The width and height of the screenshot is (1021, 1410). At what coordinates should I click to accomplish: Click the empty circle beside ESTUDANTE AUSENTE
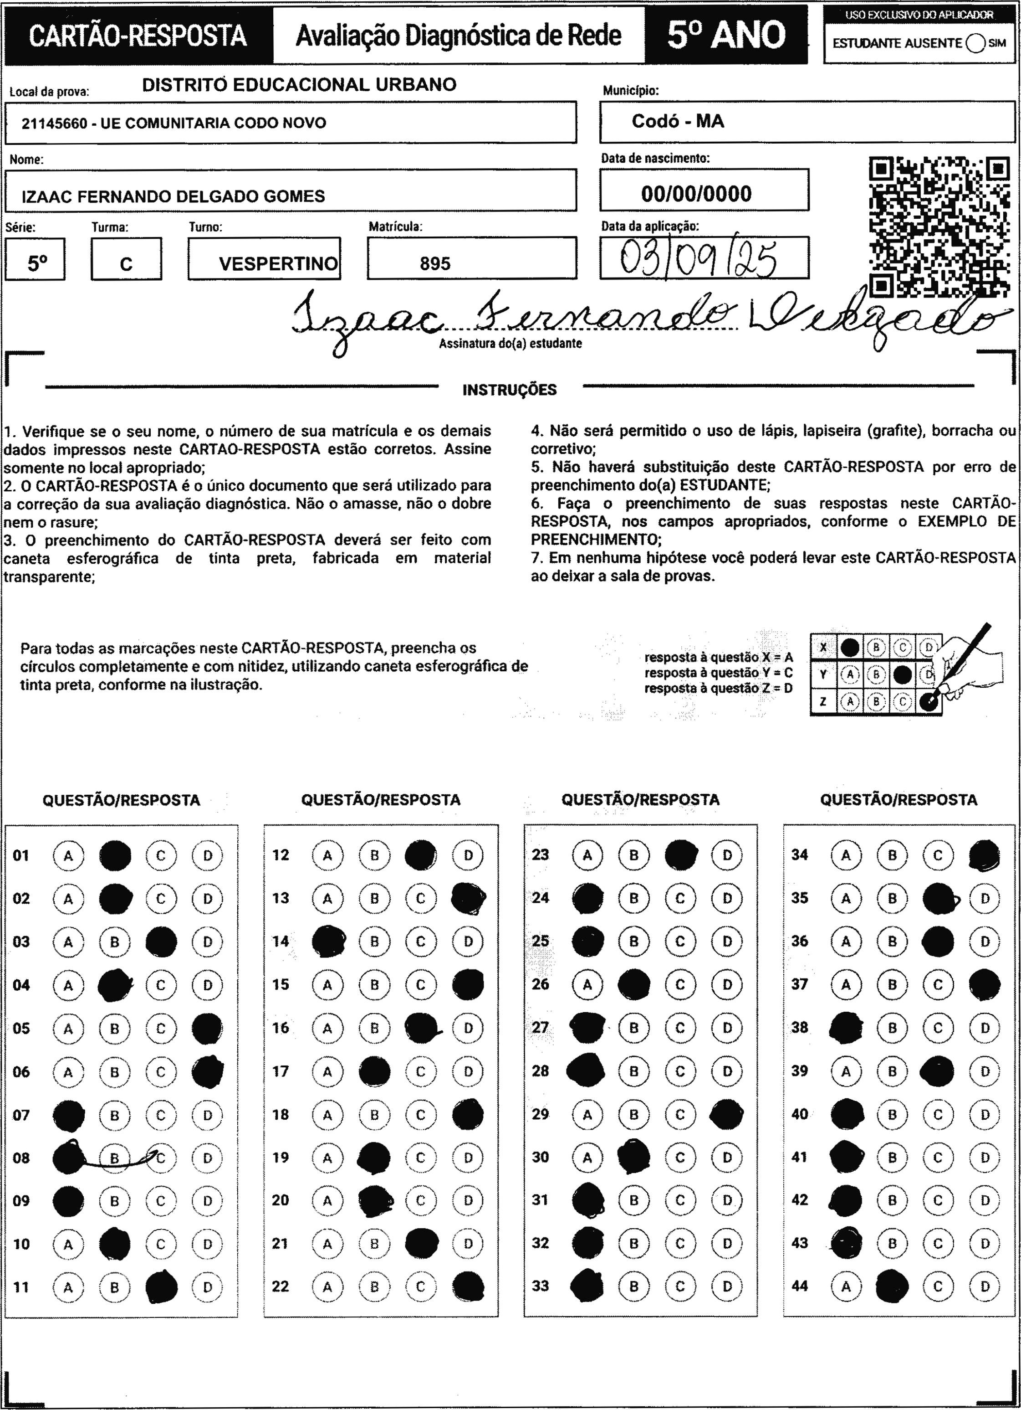(x=975, y=43)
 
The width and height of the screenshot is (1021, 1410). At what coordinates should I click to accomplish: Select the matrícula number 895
(x=435, y=263)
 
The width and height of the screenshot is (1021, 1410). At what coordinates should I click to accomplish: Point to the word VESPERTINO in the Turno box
(x=278, y=263)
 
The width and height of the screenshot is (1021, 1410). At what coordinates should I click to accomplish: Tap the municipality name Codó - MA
(x=678, y=121)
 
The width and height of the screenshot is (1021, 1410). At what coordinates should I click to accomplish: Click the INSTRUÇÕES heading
(x=509, y=390)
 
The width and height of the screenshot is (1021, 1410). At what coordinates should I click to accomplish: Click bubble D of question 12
(x=468, y=855)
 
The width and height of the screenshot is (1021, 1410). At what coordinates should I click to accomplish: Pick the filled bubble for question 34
(x=984, y=855)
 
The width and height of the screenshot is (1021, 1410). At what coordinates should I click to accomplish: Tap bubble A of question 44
(x=846, y=1286)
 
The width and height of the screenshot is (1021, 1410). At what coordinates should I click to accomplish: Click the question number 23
(x=540, y=855)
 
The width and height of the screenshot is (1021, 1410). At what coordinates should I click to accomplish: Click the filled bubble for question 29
(x=726, y=1114)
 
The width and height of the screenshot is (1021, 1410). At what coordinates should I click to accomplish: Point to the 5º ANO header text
(x=726, y=35)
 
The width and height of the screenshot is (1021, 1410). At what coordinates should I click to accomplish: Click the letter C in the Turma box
(x=126, y=264)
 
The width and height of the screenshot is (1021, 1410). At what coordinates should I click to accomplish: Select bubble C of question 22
(x=421, y=1286)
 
